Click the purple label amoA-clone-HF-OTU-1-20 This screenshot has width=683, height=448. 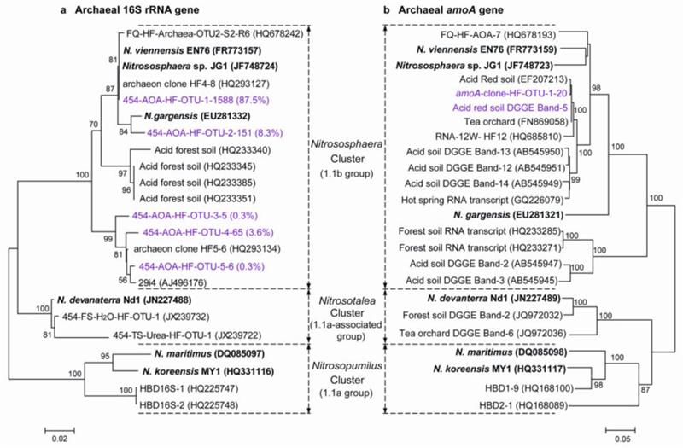coord(496,99)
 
